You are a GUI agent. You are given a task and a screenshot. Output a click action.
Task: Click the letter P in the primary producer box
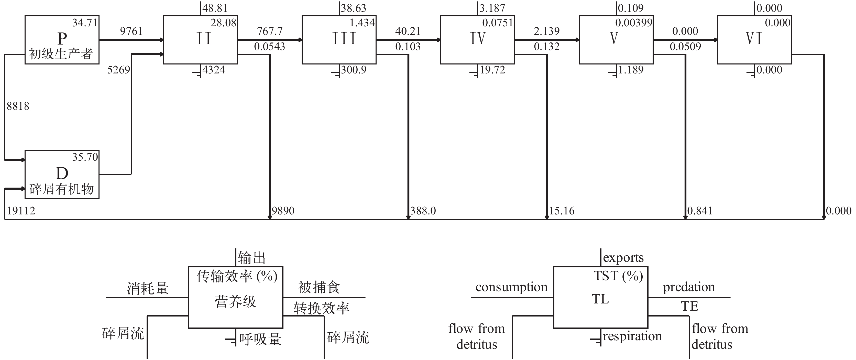tap(62, 39)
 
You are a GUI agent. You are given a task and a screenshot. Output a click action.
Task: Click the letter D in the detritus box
tap(62, 173)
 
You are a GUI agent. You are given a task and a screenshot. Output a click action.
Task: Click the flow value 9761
tap(131, 31)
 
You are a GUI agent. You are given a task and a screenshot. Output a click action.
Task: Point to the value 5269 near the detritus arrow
tap(118, 70)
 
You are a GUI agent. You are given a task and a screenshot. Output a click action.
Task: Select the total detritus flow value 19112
tap(21, 210)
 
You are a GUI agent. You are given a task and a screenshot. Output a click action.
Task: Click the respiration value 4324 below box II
tap(214, 70)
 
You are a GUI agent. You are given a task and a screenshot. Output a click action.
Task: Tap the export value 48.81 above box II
tap(215, 8)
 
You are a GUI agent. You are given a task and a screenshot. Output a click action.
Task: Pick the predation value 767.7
tap(269, 31)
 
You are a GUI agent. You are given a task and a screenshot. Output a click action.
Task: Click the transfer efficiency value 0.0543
tap(269, 46)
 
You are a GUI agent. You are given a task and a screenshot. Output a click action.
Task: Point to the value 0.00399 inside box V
tap(634, 23)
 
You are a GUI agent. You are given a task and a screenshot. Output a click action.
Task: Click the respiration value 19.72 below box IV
tap(492, 70)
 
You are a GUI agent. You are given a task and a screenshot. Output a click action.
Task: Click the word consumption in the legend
tap(511, 287)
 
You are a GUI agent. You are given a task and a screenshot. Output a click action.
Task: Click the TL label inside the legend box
tap(600, 299)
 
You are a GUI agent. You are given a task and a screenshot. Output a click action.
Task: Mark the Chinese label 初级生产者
tap(61, 54)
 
